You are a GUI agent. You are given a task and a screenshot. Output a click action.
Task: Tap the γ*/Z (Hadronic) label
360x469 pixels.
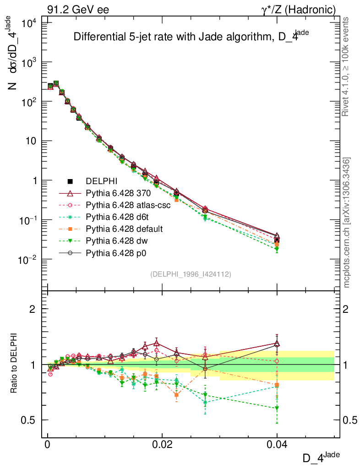[x=298, y=10]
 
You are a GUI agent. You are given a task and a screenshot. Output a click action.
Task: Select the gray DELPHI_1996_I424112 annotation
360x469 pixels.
[x=191, y=274]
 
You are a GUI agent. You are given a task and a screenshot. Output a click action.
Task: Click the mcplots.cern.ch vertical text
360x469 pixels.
[x=347, y=222]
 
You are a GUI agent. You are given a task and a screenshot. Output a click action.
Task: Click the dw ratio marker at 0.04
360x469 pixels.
[x=277, y=408]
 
